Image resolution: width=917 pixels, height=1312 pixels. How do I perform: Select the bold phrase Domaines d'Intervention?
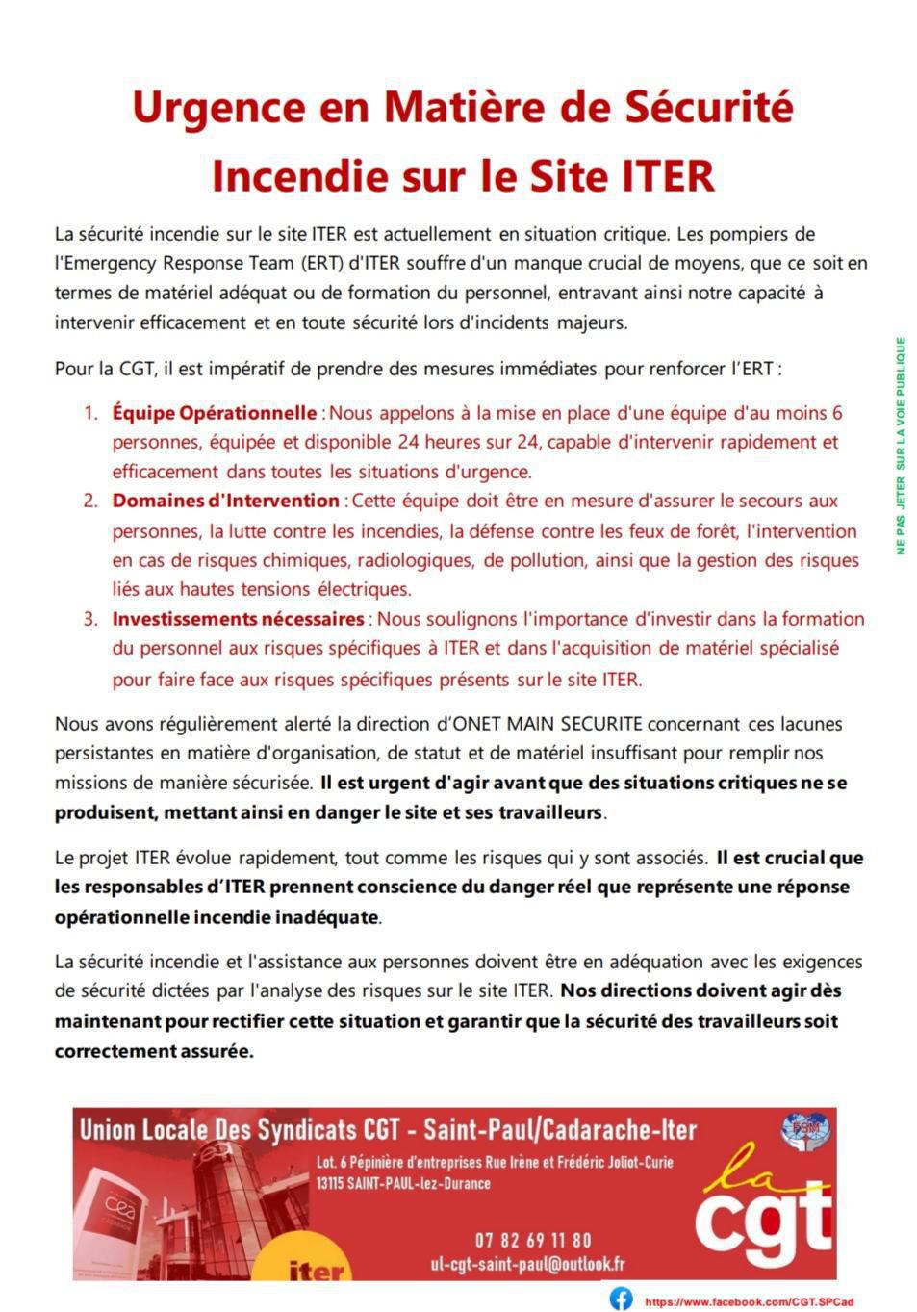pos(225,501)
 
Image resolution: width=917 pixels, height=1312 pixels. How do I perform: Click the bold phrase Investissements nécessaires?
pos(238,619)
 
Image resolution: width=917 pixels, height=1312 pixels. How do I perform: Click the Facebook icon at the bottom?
pos(622,1298)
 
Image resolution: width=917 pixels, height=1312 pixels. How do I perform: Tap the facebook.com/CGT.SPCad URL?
pos(749,1301)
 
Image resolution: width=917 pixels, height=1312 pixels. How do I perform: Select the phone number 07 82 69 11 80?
pos(533,1240)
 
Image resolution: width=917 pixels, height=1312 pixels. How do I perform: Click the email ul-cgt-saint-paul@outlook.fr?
pos(527,1264)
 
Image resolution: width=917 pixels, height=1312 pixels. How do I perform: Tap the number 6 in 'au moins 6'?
pos(836,413)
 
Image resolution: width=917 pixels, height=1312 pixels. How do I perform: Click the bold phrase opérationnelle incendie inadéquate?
pos(217,916)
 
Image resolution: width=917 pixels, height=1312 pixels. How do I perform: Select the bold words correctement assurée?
pos(153,1050)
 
